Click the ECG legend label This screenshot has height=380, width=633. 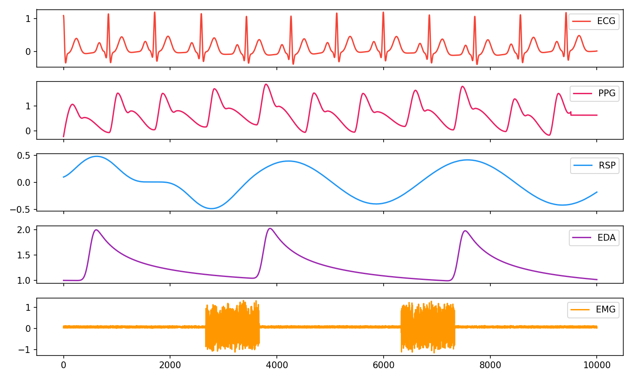click(x=606, y=21)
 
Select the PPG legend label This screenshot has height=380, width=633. click(x=607, y=93)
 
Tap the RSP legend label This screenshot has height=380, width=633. click(x=607, y=166)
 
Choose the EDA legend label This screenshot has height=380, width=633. click(x=606, y=238)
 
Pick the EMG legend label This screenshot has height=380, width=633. click(x=606, y=309)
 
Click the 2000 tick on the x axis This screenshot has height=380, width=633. click(x=170, y=365)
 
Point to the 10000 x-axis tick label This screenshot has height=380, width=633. click(x=597, y=365)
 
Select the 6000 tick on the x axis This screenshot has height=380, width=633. click(x=384, y=365)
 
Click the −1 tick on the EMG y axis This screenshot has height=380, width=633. click(x=27, y=350)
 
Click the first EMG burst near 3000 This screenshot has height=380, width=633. click(x=233, y=327)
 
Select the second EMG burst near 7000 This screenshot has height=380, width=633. click(x=428, y=327)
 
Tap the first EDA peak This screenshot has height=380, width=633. click(x=96, y=230)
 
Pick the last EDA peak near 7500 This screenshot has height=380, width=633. click(x=465, y=231)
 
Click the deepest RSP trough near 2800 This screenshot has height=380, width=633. click(x=211, y=208)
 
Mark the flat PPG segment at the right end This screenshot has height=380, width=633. click(x=584, y=115)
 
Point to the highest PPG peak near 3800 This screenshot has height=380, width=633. click(x=266, y=84)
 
